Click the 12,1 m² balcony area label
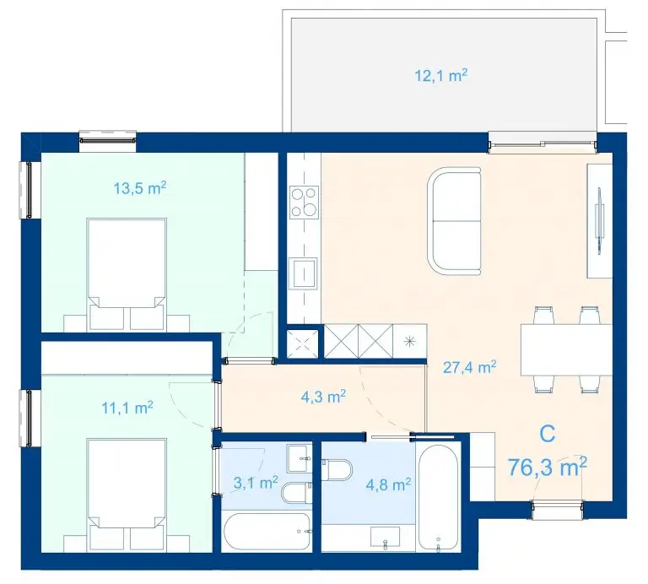(x=441, y=76)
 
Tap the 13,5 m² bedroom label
(x=140, y=188)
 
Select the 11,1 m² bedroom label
(x=127, y=408)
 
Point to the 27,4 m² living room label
(x=469, y=366)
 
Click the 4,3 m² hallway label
(x=323, y=397)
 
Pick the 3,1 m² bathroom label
(x=256, y=483)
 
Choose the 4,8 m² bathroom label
(x=388, y=484)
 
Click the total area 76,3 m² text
(x=547, y=467)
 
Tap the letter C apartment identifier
(x=547, y=434)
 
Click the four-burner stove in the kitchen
(x=304, y=203)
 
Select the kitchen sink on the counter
(x=304, y=273)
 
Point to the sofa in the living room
(x=455, y=221)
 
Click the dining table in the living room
(x=566, y=349)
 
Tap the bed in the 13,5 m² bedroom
(x=127, y=274)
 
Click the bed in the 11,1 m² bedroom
(x=127, y=495)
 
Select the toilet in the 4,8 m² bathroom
(x=337, y=470)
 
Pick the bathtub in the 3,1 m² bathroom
(x=267, y=532)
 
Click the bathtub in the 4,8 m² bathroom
(x=439, y=497)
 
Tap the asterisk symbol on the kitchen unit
(x=408, y=342)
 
